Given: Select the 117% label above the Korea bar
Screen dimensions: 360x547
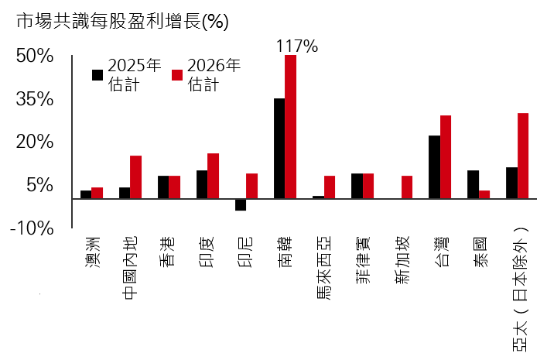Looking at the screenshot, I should [297, 46].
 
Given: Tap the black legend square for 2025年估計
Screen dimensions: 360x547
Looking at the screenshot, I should [97, 75].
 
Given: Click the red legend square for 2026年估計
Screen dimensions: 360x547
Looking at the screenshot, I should [176, 75].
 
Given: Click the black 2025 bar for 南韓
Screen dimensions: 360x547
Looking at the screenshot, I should [279, 148].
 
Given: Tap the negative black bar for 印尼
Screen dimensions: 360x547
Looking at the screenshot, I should [241, 204].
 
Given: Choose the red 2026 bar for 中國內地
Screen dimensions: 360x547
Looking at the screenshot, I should [136, 177].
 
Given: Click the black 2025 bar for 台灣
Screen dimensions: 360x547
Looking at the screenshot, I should [434, 166].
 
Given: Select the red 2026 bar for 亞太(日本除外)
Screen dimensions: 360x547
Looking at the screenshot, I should [523, 156].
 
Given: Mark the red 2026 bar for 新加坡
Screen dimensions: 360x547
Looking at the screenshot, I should [407, 187].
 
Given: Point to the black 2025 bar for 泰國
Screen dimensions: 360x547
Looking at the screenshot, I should [473, 184].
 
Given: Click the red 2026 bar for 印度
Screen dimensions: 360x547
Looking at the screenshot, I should [214, 176].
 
